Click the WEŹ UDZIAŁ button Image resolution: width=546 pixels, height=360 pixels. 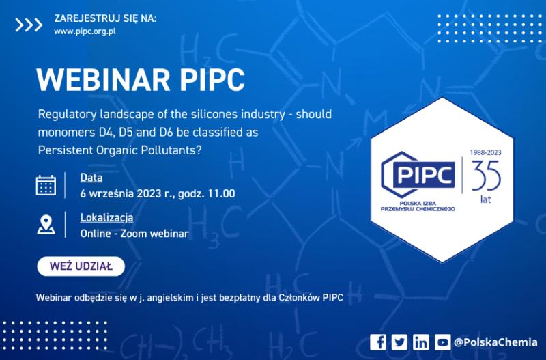(81, 266)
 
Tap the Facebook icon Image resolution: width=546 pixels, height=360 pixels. (379, 342)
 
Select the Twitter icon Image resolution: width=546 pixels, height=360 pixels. (399, 342)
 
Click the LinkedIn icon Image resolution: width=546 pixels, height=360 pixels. (421, 342)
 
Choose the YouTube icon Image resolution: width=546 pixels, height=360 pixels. (443, 342)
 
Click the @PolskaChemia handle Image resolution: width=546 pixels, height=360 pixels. (495, 342)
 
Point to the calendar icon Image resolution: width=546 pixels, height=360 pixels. (46, 185)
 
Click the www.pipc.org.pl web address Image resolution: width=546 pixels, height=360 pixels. (85, 31)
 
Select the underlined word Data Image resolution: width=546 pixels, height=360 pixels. (91, 178)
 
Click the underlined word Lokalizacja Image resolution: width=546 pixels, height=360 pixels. (106, 218)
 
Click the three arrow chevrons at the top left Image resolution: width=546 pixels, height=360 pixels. (29, 25)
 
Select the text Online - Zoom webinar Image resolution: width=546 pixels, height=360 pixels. (134, 234)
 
